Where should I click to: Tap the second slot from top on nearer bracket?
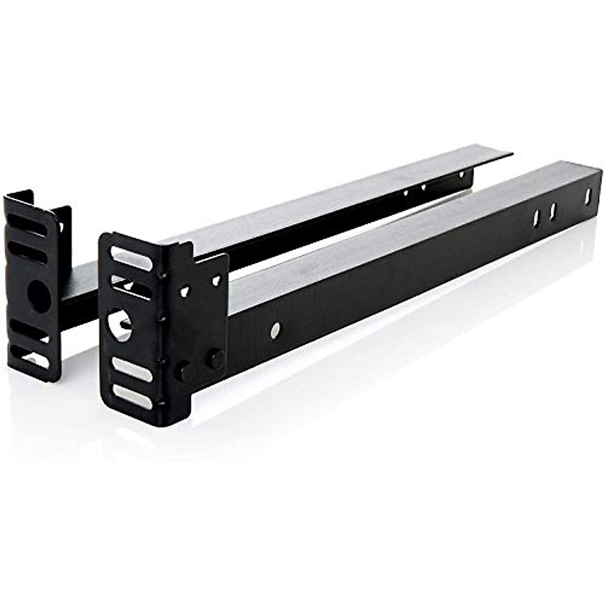tap(132, 287)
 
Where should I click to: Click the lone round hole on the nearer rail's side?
tap(275, 330)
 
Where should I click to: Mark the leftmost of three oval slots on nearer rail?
tap(537, 217)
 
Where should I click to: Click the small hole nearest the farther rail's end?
tap(461, 175)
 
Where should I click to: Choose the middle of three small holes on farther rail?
tap(423, 187)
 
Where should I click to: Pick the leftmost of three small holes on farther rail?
tap(405, 192)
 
